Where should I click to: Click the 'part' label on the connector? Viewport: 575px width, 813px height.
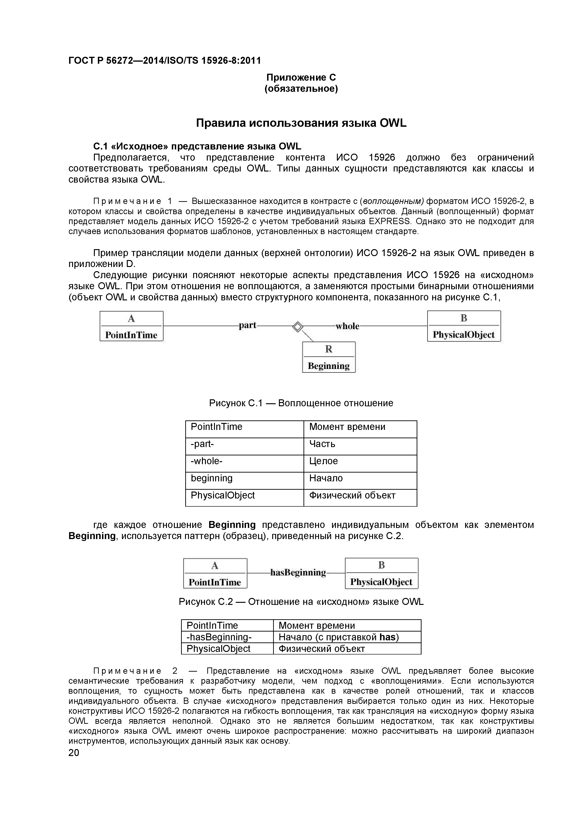[x=247, y=325]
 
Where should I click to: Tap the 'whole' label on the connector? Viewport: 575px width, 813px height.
[x=347, y=326]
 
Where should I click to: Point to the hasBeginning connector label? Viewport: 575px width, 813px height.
[x=298, y=573]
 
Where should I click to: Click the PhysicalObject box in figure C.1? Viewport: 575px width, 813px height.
[x=463, y=326]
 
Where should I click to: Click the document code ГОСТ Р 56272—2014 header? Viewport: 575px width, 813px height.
[x=164, y=60]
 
